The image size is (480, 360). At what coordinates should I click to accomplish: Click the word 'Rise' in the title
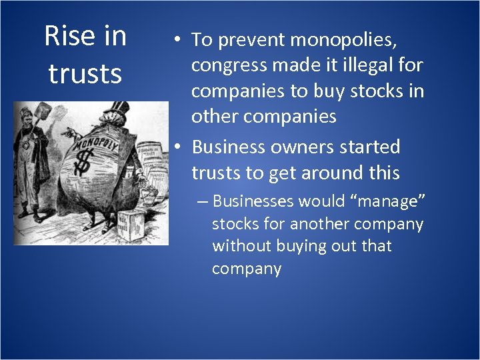(69, 36)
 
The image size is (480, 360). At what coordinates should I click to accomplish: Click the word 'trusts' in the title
(85, 73)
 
